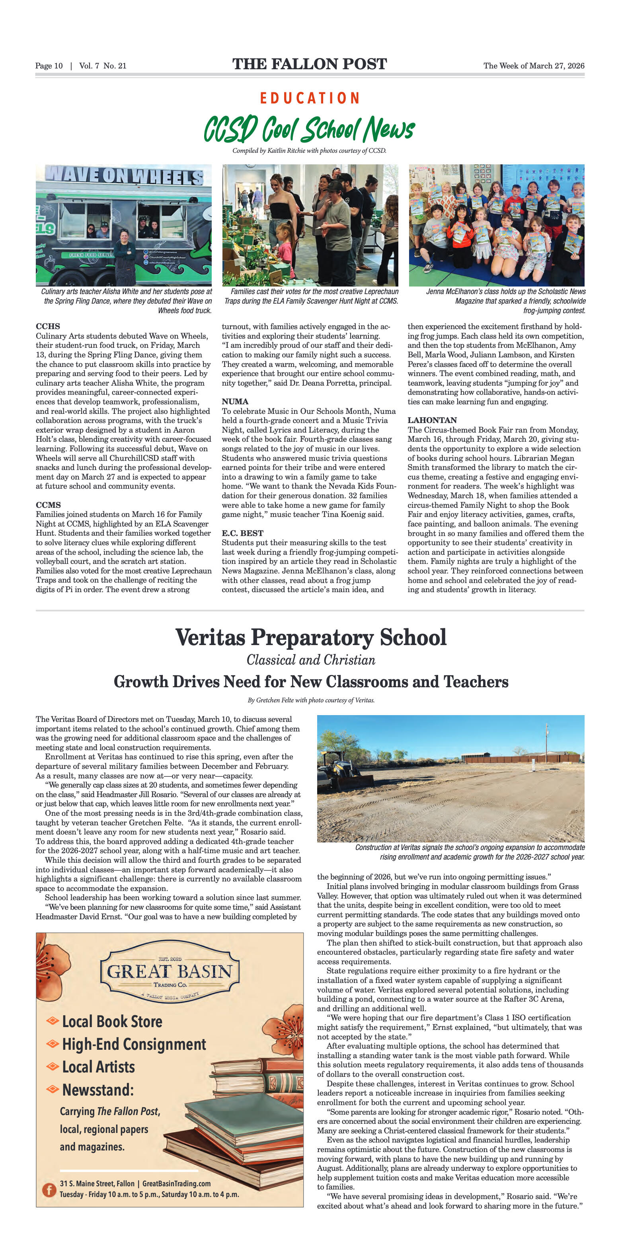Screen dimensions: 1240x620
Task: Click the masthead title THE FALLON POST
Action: (310, 64)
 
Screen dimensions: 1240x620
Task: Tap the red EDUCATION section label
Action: (310, 98)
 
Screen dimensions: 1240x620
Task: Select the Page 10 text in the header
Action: (49, 66)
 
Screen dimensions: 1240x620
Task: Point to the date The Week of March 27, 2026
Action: (533, 66)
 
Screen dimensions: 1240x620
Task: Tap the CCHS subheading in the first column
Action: (48, 326)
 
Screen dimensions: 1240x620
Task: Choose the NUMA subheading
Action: (235, 402)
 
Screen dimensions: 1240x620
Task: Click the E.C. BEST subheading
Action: (242, 533)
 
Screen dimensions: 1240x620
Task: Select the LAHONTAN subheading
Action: (432, 420)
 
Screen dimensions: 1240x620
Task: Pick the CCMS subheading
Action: (48, 505)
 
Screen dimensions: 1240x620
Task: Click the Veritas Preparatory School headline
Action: (310, 638)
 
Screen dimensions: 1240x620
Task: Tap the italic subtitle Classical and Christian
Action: (310, 660)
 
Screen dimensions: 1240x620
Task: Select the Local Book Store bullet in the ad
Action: (112, 1022)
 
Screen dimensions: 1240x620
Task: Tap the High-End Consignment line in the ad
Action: (134, 1044)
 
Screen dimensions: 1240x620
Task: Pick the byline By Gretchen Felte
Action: (311, 700)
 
